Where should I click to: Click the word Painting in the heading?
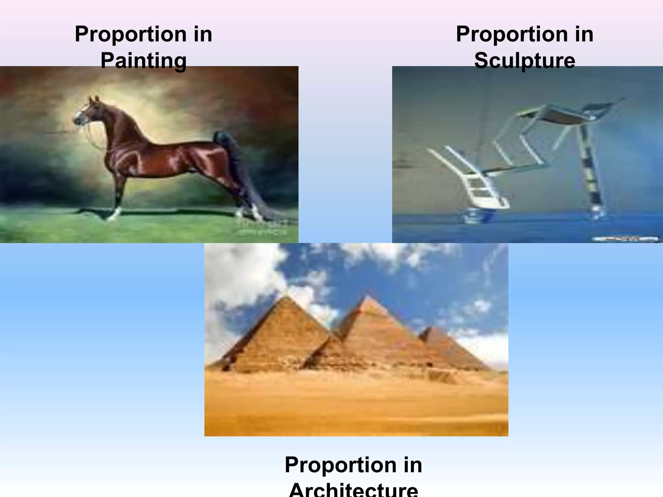143,61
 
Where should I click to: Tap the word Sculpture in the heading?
524,61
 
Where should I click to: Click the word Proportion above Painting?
131,34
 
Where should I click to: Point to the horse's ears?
94,98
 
